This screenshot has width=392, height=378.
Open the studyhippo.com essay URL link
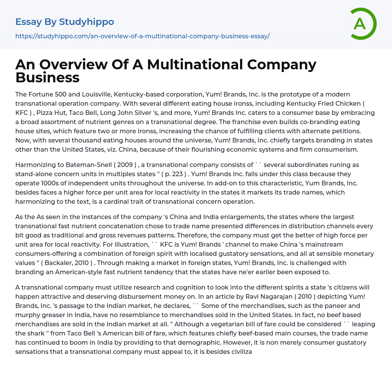pos(142,36)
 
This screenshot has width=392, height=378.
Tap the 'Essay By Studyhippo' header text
pos(65,22)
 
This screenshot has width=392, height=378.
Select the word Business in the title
pos(47,78)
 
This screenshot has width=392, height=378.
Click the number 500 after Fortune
pos(59,94)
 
